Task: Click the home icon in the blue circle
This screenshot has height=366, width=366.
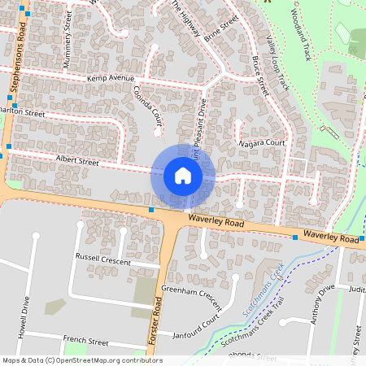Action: click(x=182, y=176)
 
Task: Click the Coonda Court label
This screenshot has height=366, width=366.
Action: click(x=149, y=106)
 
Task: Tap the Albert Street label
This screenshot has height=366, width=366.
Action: click(x=76, y=161)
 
